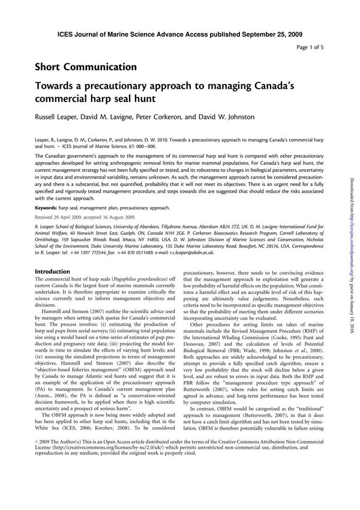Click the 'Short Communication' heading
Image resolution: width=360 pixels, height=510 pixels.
(x=86, y=67)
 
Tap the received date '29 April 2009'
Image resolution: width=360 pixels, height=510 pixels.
(x=75, y=216)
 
